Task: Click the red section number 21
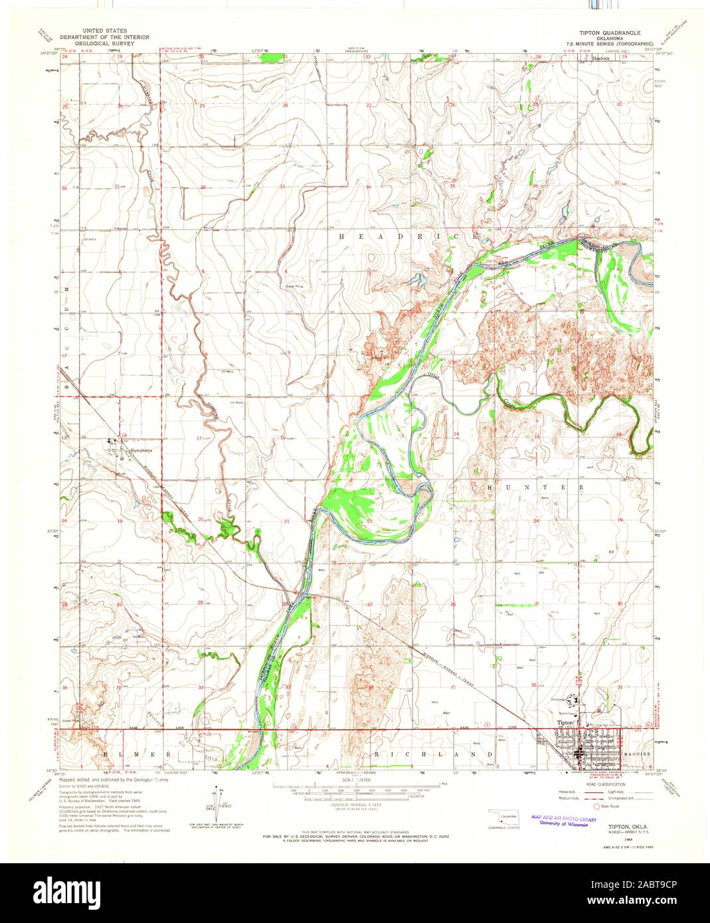(286, 522)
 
